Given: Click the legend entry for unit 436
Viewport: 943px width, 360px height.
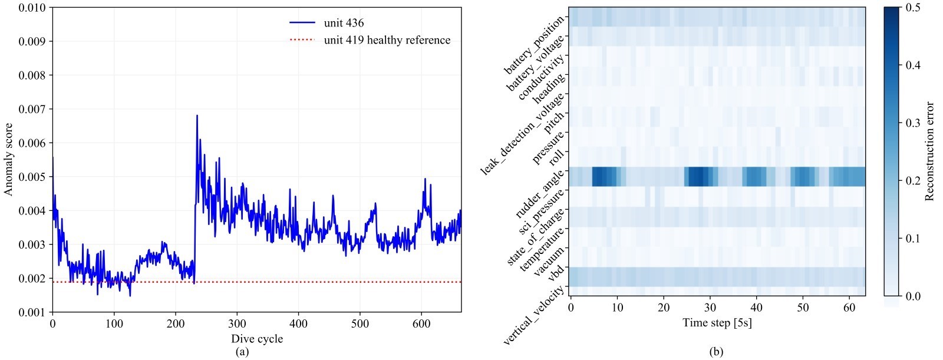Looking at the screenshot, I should (344, 23).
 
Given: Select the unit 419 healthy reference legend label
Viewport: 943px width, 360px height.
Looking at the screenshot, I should (387, 40).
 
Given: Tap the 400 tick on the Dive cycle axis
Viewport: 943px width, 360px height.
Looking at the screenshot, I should (299, 323).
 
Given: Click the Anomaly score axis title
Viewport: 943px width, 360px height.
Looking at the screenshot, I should (9, 159).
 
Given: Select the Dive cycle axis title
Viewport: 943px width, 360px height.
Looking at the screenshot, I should (256, 339).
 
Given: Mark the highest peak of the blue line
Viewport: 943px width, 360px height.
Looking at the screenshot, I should (197, 115).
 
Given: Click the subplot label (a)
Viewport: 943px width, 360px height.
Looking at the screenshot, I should (242, 352).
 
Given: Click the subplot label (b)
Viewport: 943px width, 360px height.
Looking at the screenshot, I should (716, 352).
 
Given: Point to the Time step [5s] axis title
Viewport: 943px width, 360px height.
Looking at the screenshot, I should (717, 322).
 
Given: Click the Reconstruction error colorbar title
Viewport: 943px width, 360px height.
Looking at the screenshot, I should (929, 151).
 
